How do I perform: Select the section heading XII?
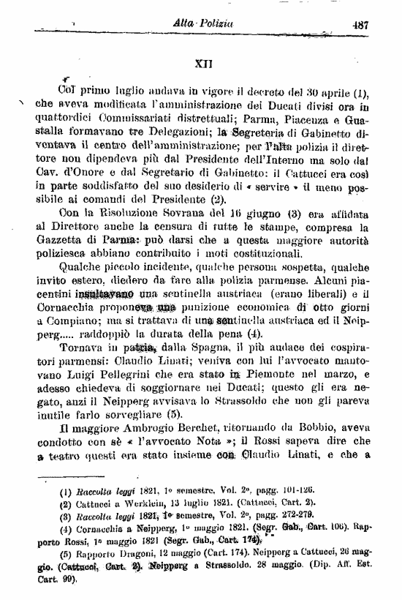tap(204, 64)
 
